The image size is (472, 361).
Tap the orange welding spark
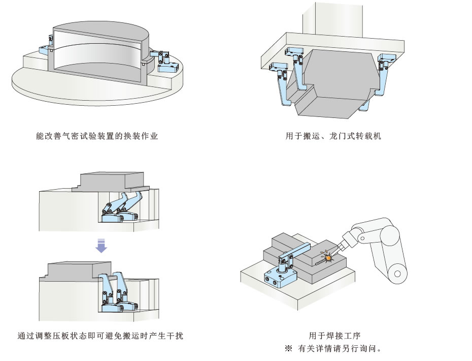(x=328, y=258)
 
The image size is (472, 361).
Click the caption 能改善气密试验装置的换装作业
(x=101, y=136)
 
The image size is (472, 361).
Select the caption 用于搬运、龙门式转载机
(x=333, y=136)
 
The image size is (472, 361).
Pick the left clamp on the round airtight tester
(x=47, y=45)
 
